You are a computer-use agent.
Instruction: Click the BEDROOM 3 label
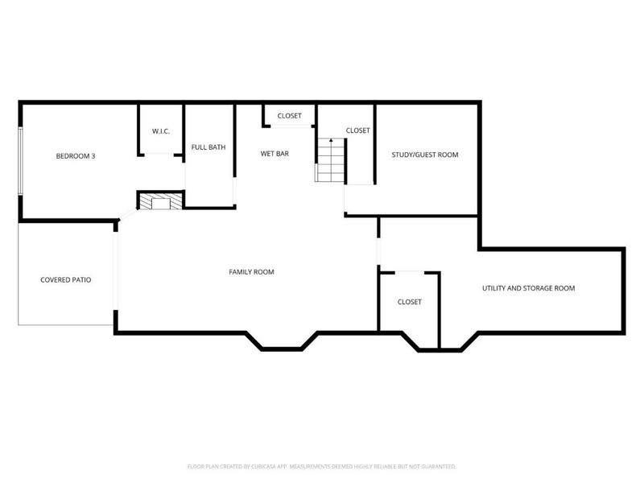(76, 156)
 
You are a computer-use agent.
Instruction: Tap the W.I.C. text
(161, 131)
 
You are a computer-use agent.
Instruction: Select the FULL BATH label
(208, 147)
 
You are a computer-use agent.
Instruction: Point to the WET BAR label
(275, 154)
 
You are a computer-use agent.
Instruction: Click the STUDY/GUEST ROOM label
(425, 155)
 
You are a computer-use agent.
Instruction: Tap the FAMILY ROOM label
(251, 272)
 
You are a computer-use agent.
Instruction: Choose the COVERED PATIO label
(66, 279)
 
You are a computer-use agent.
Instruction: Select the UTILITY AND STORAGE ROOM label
(529, 288)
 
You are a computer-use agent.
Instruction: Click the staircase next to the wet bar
(330, 160)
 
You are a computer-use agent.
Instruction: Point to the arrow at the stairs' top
(331, 141)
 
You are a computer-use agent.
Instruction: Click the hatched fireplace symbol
(160, 200)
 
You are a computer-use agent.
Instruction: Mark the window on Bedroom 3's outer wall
(20, 161)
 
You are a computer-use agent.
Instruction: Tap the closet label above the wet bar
(290, 116)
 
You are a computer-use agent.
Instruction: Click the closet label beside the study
(357, 130)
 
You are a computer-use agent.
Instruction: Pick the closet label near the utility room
(410, 302)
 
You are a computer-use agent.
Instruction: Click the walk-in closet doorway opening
(159, 155)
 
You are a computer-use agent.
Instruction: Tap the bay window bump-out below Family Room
(282, 341)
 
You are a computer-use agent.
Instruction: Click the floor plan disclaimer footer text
(321, 467)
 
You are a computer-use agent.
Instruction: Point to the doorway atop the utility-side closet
(410, 272)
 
